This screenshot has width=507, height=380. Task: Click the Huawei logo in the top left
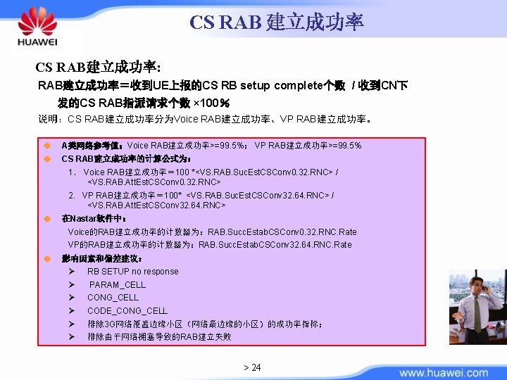tap(37, 27)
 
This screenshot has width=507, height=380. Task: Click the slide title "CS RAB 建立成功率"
tap(276, 22)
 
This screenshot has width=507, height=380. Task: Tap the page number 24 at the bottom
tap(252, 367)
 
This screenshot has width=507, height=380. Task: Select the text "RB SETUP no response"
tap(132, 272)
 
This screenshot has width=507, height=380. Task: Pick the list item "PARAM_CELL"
tap(118, 285)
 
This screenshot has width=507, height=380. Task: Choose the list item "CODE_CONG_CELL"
tap(127, 310)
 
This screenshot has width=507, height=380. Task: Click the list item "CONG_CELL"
tap(113, 298)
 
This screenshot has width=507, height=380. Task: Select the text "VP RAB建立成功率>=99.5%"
tap(308, 146)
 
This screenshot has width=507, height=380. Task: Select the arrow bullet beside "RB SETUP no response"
tap(73, 272)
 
